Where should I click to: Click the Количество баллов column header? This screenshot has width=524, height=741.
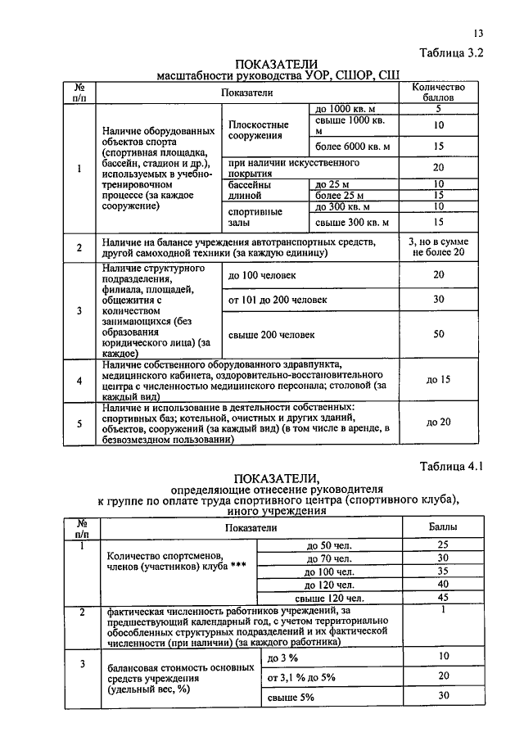(x=438, y=92)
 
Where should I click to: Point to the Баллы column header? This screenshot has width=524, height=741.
(x=443, y=529)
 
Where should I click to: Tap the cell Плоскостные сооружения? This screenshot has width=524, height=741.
(x=255, y=129)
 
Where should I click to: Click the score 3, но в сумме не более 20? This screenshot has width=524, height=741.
(x=438, y=246)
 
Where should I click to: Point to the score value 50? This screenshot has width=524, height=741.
(x=438, y=334)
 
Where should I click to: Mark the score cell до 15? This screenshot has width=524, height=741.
(x=438, y=379)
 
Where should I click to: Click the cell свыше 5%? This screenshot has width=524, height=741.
(x=291, y=696)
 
